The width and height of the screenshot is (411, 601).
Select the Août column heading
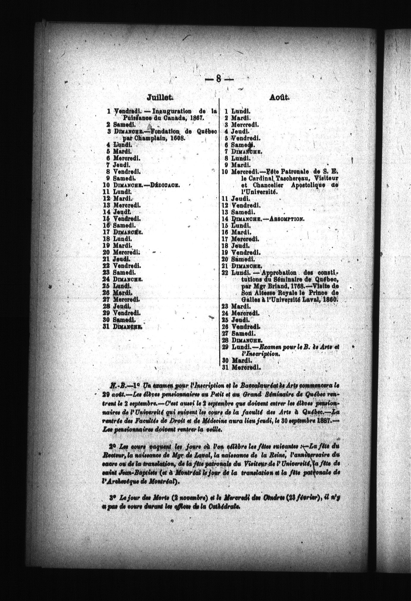pos(280,97)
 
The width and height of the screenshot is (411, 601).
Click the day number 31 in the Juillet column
pos(107,326)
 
